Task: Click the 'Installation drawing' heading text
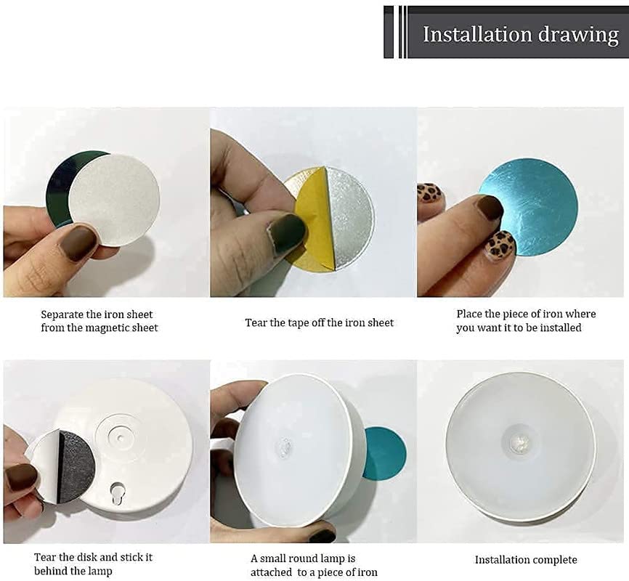[x=521, y=35]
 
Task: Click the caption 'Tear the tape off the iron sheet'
[x=320, y=322]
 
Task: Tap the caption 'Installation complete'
[x=526, y=560]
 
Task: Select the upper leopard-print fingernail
[x=430, y=193]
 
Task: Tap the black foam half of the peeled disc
[x=76, y=466]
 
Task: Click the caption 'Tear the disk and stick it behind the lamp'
[x=94, y=564]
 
